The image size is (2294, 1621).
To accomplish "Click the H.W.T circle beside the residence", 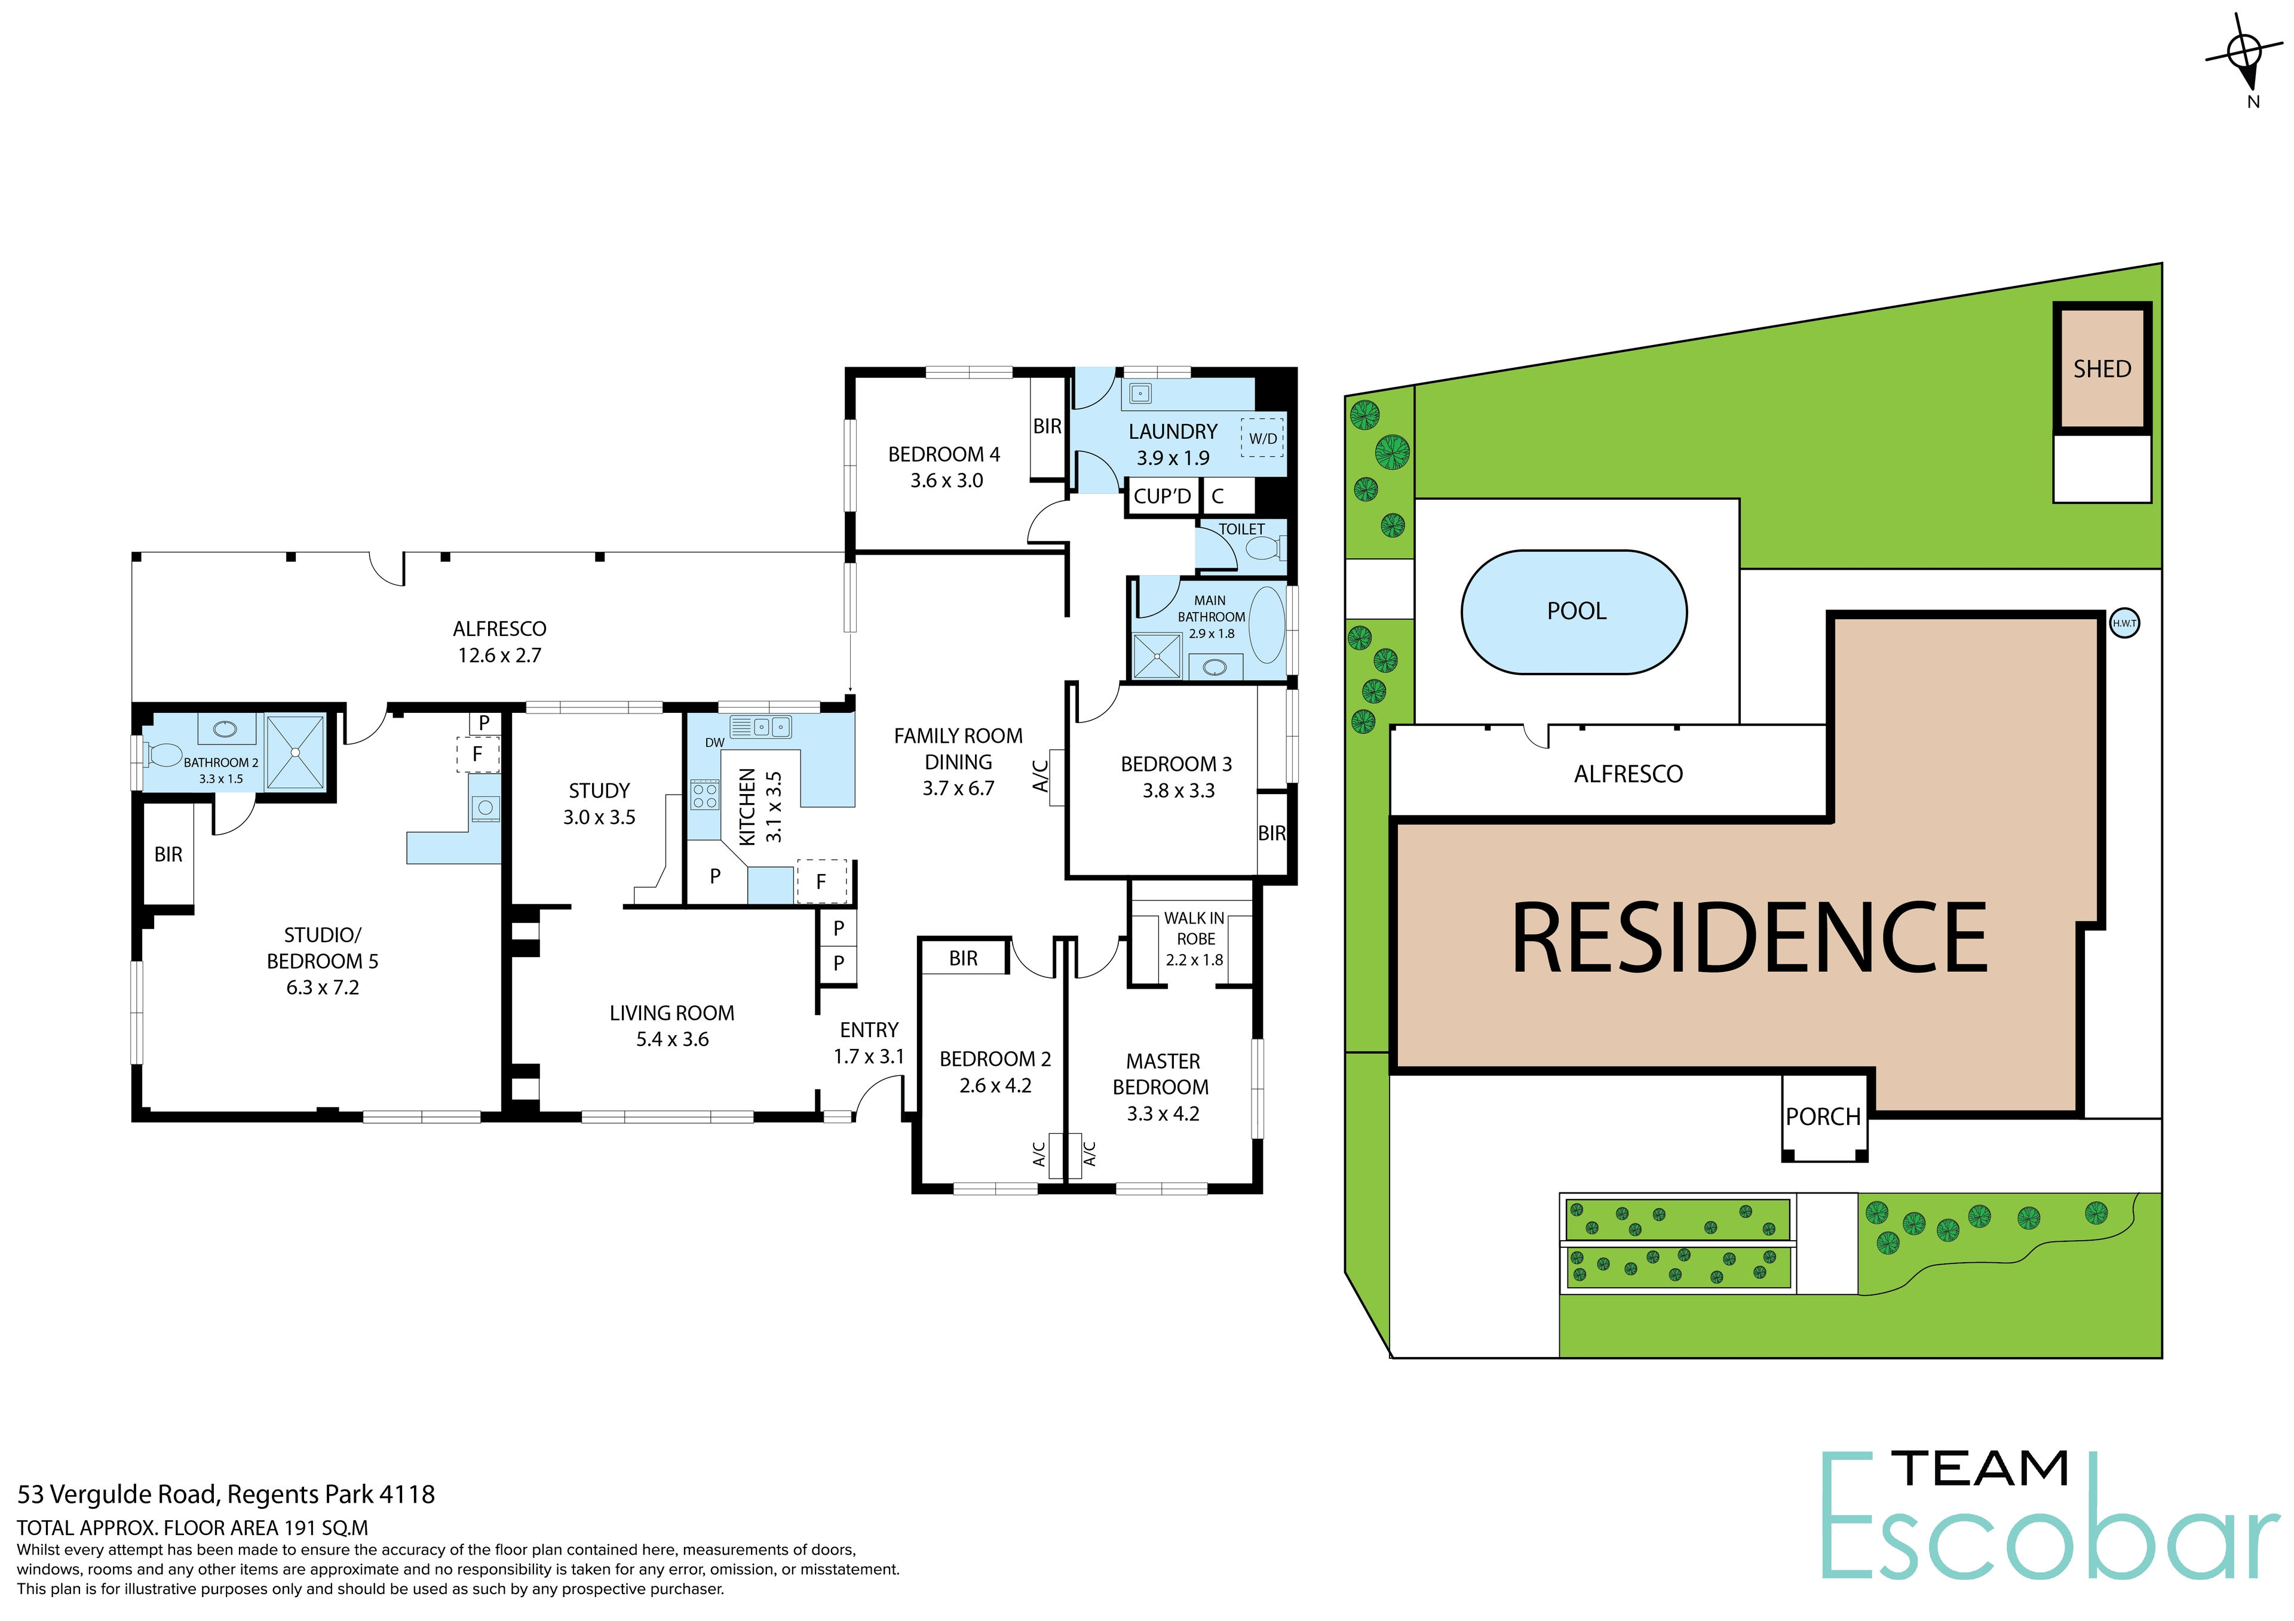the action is tap(2124, 623).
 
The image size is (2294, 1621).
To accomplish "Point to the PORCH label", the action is tap(1823, 1116).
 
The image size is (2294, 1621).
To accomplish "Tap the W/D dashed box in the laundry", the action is tap(1263, 438).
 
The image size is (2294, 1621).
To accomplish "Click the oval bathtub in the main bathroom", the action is tap(1267, 625).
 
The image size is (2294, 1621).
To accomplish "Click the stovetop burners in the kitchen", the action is tap(704, 796).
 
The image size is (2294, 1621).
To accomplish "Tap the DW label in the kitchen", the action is tap(714, 742).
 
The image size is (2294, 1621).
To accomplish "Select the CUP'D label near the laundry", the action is tap(1162, 496).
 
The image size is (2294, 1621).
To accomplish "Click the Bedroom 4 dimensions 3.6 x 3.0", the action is tap(946, 481).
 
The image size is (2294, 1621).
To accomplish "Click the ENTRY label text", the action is tap(868, 1030).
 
